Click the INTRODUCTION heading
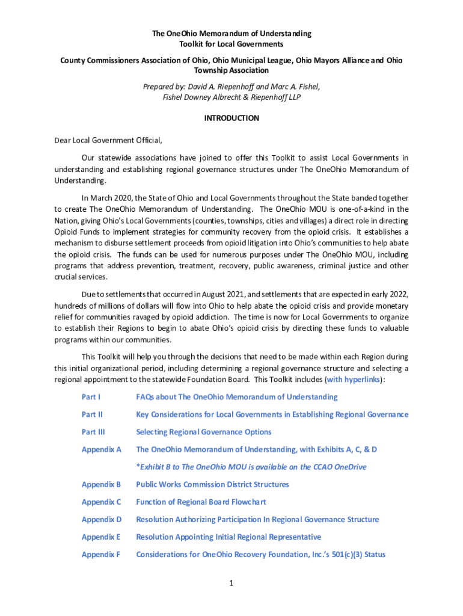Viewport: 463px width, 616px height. pyautogui.click(x=231, y=119)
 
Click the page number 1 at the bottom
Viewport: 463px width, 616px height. pyautogui.click(x=231, y=582)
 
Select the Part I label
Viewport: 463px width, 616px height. pyautogui.click(x=91, y=397)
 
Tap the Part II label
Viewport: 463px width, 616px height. pyautogui.click(x=92, y=414)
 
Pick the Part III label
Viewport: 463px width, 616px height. pyautogui.click(x=93, y=432)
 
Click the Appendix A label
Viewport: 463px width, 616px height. pyautogui.click(x=101, y=449)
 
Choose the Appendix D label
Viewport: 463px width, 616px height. pyautogui.click(x=101, y=519)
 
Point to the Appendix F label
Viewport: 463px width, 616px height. pyautogui.click(x=101, y=554)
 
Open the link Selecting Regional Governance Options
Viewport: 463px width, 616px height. pyautogui.click(x=203, y=432)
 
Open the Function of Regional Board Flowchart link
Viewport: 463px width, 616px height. pyautogui.click(x=201, y=502)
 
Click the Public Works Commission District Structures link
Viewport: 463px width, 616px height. pyautogui.click(x=212, y=484)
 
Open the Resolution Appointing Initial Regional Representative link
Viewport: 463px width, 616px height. pyautogui.click(x=228, y=537)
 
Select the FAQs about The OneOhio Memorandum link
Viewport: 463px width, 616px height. pyautogui.click(x=236, y=397)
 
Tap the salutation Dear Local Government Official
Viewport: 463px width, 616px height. pyautogui.click(x=108, y=141)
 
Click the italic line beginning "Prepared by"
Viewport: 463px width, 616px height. pyautogui.click(x=231, y=87)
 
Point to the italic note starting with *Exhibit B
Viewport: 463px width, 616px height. pyautogui.click(x=251, y=467)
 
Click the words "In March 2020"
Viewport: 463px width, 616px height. pyautogui.click(x=107, y=198)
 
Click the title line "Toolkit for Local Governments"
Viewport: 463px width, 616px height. pyautogui.click(x=231, y=44)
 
